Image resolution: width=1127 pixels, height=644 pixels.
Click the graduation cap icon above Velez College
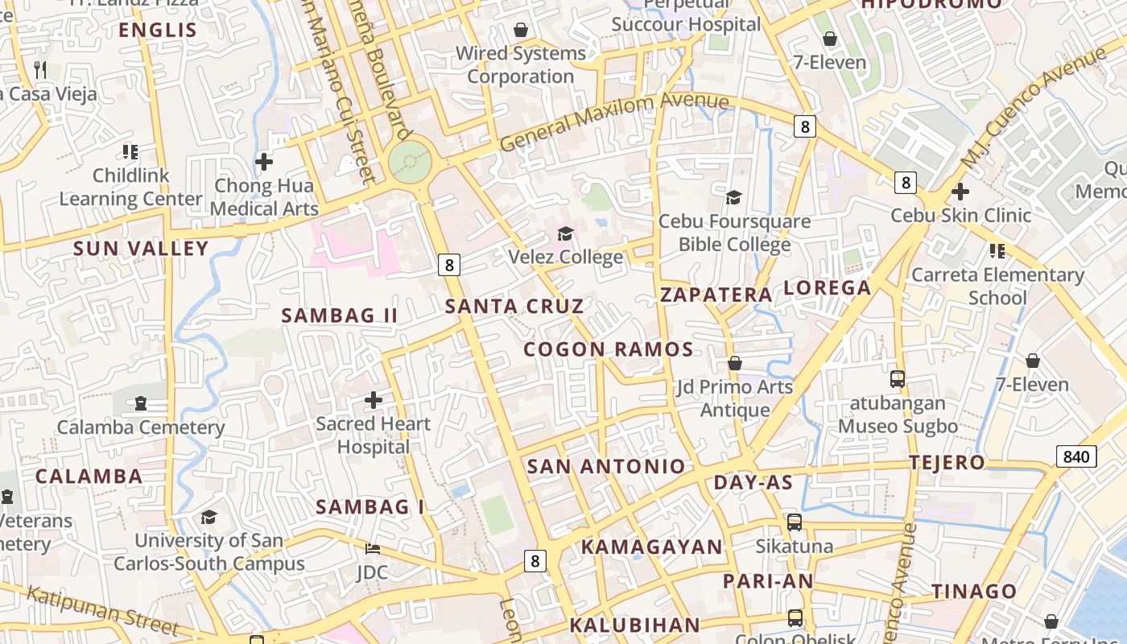pyautogui.click(x=566, y=233)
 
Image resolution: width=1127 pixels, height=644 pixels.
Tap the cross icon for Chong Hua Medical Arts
pyautogui.click(x=264, y=162)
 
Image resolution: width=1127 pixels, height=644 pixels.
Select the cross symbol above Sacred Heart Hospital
pyautogui.click(x=374, y=399)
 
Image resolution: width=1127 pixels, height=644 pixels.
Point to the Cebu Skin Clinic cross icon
pyautogui.click(x=960, y=192)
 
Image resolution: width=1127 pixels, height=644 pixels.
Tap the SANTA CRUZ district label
pyautogui.click(x=514, y=306)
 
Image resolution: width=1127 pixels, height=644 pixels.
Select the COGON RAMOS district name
pyautogui.click(x=609, y=349)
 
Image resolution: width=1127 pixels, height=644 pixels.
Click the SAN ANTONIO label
pyautogui.click(x=606, y=466)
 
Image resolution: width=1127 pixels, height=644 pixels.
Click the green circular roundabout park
pyautogui.click(x=411, y=163)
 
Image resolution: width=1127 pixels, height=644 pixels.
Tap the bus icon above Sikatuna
pyautogui.click(x=795, y=522)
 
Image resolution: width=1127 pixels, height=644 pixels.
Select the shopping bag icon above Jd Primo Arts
pyautogui.click(x=734, y=363)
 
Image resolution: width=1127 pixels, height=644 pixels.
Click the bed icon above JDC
pyautogui.click(x=373, y=549)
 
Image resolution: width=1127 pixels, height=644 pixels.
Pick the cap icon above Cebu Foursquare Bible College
pyautogui.click(x=733, y=197)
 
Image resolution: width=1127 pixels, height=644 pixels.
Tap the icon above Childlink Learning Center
pyautogui.click(x=130, y=151)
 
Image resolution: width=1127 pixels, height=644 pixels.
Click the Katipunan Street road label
pyautogui.click(x=102, y=610)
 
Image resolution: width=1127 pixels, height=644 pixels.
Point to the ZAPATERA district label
pyautogui.click(x=716, y=295)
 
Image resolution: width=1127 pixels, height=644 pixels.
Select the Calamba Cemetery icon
pyautogui.click(x=141, y=402)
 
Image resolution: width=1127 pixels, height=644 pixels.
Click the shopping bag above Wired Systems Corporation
pyautogui.click(x=521, y=31)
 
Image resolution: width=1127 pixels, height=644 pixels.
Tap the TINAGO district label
pyautogui.click(x=974, y=592)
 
